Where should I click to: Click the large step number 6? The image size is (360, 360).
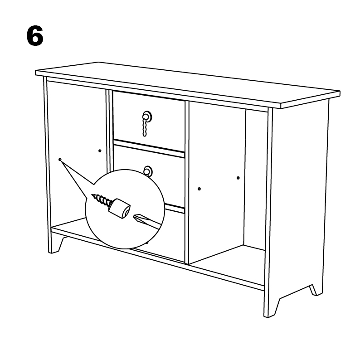pyautogui.click(x=35, y=36)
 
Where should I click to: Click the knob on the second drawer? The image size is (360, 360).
pyautogui.click(x=148, y=171)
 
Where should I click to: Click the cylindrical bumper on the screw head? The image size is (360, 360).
pyautogui.click(x=120, y=209)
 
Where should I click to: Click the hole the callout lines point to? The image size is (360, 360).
pyautogui.click(x=60, y=159)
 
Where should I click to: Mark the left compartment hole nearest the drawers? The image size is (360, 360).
pyautogui.click(x=100, y=150)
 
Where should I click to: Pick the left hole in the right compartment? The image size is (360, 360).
pyautogui.click(x=199, y=188)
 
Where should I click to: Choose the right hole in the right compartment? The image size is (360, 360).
pyautogui.click(x=238, y=178)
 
